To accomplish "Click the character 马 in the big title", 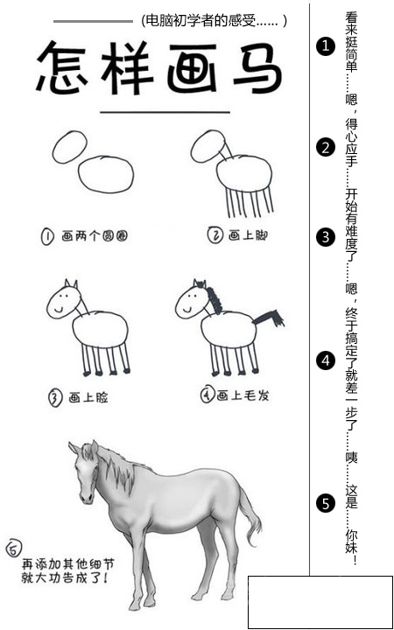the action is pyautogui.click(x=258, y=68).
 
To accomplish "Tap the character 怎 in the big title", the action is pyautogui.click(x=61, y=67).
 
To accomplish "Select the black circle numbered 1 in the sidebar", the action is pyautogui.click(x=325, y=46).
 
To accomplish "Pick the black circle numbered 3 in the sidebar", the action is pyautogui.click(x=325, y=237).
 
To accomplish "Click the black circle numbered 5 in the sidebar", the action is pyautogui.click(x=325, y=503).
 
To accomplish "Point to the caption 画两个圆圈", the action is pyautogui.click(x=95, y=236).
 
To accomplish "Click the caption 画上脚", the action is pyautogui.click(x=248, y=235).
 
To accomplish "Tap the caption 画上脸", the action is pyautogui.click(x=88, y=398).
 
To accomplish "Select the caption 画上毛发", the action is pyautogui.click(x=243, y=396).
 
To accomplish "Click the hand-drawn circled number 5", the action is pyautogui.click(x=14, y=548).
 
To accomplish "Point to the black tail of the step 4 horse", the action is pyautogui.click(x=268, y=318).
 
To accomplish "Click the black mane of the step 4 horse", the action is pyautogui.click(x=212, y=297).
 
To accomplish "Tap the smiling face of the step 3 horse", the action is pyautogui.click(x=63, y=301).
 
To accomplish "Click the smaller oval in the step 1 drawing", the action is pyautogui.click(x=69, y=147).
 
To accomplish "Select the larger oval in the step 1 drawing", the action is pyautogui.click(x=106, y=174).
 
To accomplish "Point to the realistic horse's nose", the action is pyautogui.click(x=86, y=497).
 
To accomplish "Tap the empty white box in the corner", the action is pyautogui.click(x=320, y=602).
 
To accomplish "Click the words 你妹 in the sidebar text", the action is pyautogui.click(x=351, y=542).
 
